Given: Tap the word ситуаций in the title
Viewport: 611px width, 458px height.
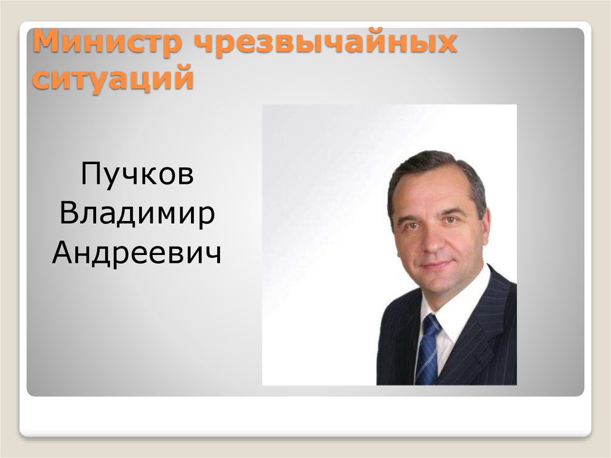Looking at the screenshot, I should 114,79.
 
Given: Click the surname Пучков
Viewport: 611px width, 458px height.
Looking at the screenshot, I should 137,175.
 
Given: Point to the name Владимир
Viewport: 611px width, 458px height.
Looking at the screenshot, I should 137,214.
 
